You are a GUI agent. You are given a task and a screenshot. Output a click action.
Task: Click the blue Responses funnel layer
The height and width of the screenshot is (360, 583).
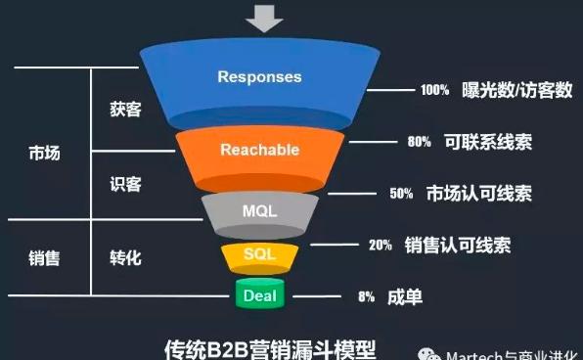click(259, 77)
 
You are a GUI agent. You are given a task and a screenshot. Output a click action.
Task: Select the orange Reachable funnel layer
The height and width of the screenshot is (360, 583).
click(259, 150)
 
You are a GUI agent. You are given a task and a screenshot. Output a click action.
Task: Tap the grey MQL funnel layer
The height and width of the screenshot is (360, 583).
click(259, 209)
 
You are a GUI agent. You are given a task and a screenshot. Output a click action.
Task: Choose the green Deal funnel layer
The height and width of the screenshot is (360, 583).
click(259, 293)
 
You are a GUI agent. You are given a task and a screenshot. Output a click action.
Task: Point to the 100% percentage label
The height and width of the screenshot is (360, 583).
click(434, 90)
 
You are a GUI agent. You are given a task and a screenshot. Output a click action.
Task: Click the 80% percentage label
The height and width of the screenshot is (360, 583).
click(419, 142)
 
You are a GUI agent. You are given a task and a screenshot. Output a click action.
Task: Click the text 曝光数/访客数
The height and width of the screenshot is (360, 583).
click(517, 90)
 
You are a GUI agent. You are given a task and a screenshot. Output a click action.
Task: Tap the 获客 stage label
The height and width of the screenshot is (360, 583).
click(126, 110)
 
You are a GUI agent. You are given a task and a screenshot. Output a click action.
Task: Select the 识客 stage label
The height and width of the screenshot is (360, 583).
click(126, 184)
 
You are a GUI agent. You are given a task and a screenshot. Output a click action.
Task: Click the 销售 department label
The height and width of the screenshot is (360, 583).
click(44, 258)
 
